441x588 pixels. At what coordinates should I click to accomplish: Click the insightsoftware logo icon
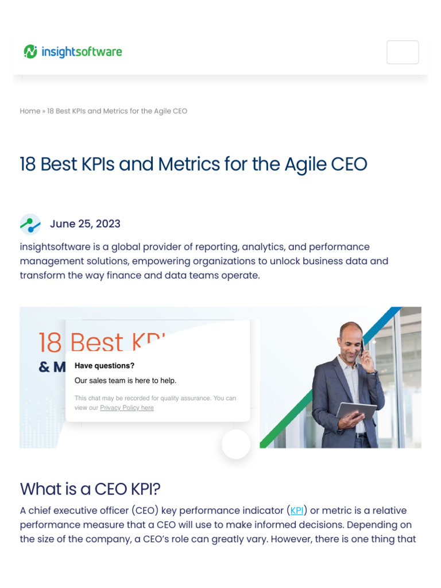(30, 52)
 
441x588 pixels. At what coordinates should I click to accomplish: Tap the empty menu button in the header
(403, 52)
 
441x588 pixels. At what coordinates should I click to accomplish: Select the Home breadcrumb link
(30, 111)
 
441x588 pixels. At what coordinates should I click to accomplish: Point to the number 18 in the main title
(28, 164)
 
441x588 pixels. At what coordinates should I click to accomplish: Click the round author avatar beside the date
(30, 224)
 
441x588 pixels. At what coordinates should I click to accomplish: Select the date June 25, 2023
(85, 224)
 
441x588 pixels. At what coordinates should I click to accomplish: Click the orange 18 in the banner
(50, 343)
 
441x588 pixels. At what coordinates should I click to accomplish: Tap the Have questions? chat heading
(105, 366)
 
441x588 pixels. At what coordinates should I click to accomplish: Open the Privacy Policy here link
(127, 408)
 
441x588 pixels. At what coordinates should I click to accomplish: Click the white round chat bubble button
(236, 444)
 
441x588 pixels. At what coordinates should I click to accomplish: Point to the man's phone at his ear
(362, 347)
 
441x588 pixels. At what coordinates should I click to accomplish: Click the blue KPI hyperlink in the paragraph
(297, 510)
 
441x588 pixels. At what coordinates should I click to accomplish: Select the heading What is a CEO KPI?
(90, 489)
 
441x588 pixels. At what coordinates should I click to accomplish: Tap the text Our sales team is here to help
(125, 380)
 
